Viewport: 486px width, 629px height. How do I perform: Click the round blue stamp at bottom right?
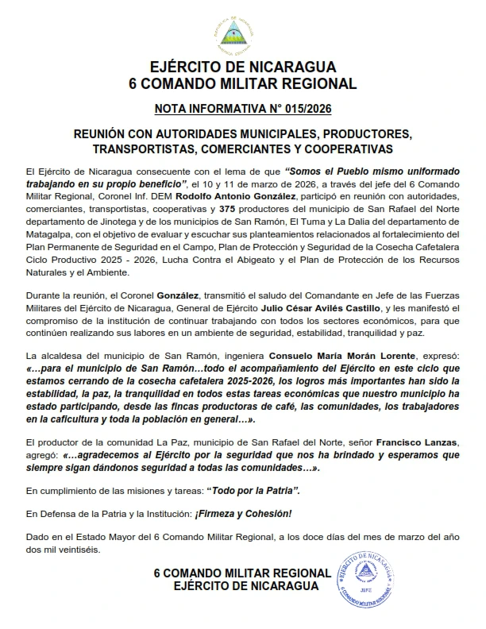click(x=367, y=575)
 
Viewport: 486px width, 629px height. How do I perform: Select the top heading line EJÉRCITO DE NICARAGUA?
click(x=242, y=67)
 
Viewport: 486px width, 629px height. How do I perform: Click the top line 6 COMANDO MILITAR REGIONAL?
click(x=242, y=83)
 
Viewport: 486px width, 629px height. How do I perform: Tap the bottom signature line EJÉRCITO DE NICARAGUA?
click(x=242, y=587)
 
